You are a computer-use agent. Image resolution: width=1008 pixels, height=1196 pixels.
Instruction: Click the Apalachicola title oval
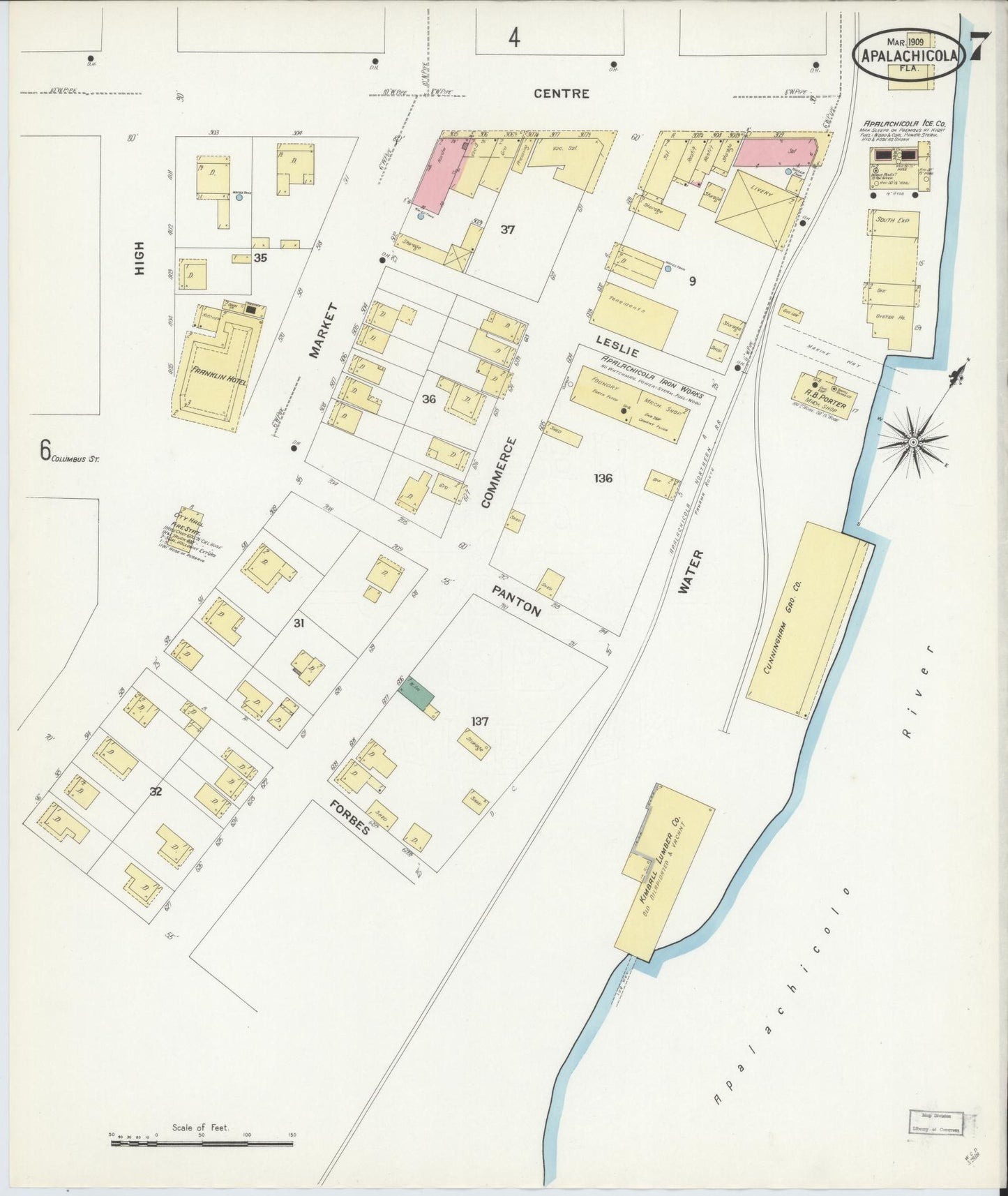coord(909,55)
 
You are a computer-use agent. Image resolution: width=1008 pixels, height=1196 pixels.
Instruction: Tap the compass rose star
coord(912,441)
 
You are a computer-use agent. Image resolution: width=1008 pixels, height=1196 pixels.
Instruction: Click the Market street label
coord(323,330)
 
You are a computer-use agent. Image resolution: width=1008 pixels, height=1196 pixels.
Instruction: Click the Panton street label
coord(516,601)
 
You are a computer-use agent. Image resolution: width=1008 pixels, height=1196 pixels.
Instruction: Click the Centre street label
coord(562,94)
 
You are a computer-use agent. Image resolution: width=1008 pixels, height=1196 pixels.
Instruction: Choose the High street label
coord(140,257)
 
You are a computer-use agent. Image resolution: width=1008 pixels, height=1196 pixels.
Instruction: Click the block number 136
coord(603,478)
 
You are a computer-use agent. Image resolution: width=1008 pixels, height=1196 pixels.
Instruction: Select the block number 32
coord(156,791)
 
